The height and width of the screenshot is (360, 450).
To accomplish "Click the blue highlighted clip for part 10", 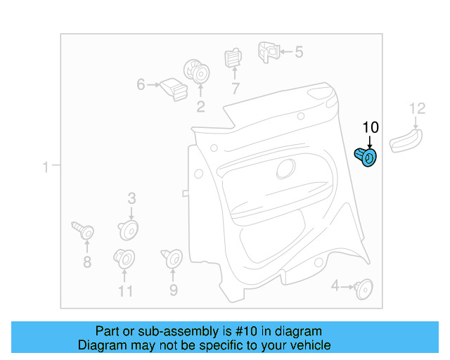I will pos(366,157).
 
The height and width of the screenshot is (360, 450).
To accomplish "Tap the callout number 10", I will pos(371,127).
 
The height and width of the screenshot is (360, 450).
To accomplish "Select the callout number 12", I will pos(418,108).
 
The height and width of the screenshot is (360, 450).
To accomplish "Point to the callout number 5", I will pos(299,51).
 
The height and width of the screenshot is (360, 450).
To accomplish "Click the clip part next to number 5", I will pos(268,50).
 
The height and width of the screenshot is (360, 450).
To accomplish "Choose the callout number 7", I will pos(235,89).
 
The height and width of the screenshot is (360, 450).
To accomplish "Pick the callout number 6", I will pos(141,85).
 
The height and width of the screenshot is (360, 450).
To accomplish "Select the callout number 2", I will pos(200,107).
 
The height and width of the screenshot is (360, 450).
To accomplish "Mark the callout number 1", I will pos(45,167).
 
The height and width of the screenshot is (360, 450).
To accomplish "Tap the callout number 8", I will pos(87,263).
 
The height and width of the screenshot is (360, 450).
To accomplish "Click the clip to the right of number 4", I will pos(364,286).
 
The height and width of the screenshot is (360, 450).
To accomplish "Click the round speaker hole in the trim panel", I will pos(286,168).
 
